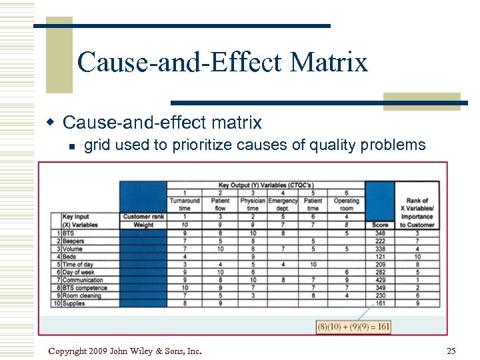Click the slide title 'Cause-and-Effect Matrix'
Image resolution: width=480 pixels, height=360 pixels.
pos(222,62)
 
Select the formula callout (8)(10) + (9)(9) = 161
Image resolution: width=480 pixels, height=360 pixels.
pos(353,327)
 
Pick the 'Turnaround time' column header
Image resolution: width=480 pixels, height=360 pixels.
pos(185,204)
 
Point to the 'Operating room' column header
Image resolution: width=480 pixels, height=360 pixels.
pos(346,204)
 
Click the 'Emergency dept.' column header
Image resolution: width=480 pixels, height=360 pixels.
pos(283,204)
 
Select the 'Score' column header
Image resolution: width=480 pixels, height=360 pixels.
pos(380,225)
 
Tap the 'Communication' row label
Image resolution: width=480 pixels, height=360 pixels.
pos(82,280)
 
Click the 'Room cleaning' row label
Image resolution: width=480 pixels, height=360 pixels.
pos(83,295)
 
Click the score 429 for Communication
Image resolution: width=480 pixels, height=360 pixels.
pos(380,280)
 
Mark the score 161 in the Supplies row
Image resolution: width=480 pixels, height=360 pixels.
pos(380,303)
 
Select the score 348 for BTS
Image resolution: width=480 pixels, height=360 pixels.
pos(380,233)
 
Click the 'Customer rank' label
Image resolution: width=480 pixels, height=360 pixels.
pos(143,217)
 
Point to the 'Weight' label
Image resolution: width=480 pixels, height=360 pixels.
pos(143,225)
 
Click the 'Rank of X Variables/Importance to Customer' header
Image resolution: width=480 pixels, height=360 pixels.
pos(417,213)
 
